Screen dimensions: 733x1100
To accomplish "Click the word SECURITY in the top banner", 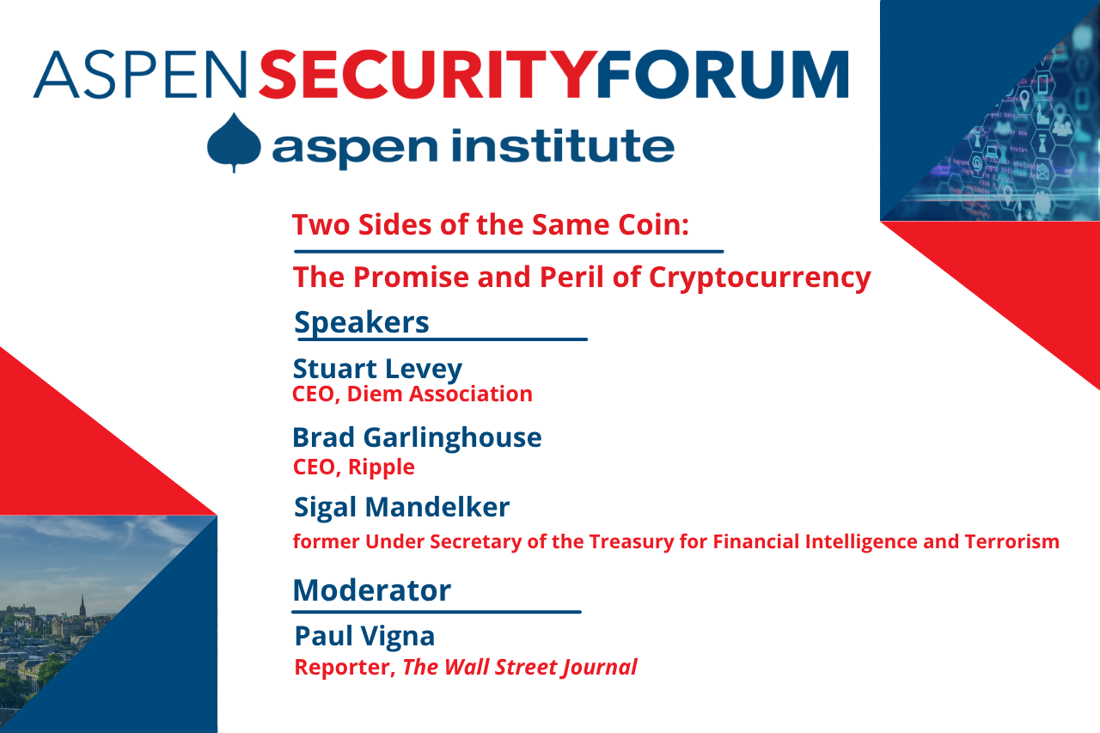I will click(426, 75).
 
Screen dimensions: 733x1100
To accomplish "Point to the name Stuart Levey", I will click(377, 369).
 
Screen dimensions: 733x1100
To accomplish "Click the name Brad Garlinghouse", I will click(417, 437).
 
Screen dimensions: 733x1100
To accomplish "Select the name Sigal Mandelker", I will click(401, 507).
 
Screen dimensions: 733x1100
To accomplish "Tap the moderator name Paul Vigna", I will click(364, 636).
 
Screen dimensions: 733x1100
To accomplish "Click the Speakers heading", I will click(361, 322).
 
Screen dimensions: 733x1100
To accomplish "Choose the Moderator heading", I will click(371, 590).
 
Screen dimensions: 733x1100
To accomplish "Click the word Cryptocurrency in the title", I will click(760, 278).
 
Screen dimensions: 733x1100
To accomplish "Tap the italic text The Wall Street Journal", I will click(519, 668).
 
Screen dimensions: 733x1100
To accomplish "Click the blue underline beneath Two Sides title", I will click(509, 252).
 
